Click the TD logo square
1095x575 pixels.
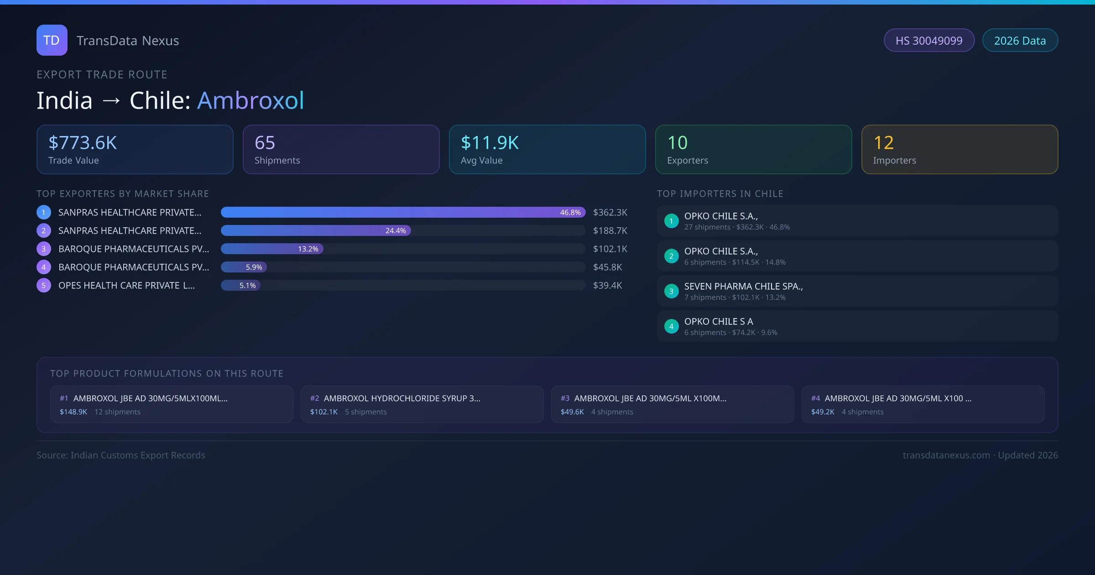click(52, 40)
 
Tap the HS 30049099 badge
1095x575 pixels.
click(929, 41)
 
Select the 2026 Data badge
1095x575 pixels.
click(1020, 41)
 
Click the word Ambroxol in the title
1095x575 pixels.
click(250, 100)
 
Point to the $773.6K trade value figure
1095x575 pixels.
click(83, 143)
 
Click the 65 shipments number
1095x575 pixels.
click(265, 143)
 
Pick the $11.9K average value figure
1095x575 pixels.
click(490, 143)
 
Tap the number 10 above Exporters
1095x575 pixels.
click(677, 143)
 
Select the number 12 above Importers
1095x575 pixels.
click(883, 143)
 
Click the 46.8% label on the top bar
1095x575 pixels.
click(570, 213)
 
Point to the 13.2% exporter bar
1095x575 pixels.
click(272, 249)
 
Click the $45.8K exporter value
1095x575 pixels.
click(607, 267)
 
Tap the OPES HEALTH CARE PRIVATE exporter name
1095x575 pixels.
click(126, 286)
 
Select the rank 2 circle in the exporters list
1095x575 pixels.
click(44, 231)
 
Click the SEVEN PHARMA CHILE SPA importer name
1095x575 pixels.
click(743, 287)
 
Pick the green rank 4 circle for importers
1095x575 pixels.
click(671, 327)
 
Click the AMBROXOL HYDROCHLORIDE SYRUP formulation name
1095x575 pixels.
click(402, 398)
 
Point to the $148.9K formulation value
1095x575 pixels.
click(73, 412)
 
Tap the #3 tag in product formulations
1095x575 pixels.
click(565, 398)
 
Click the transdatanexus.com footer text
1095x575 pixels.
click(946, 455)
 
